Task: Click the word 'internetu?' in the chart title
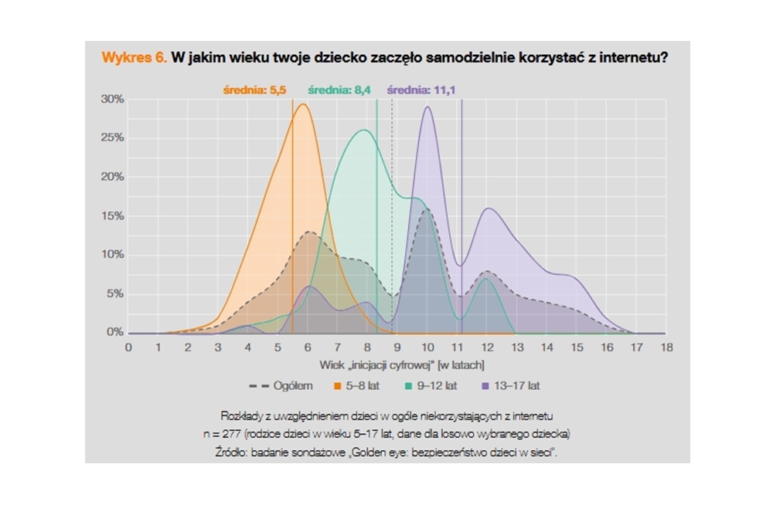[x=629, y=58]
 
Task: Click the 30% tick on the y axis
[x=112, y=100]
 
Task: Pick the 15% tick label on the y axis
[x=112, y=216]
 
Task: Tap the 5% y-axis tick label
[x=114, y=294]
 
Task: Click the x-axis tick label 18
[x=666, y=347]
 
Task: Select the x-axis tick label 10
[x=427, y=347]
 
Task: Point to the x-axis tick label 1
[x=158, y=347]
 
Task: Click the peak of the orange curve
[x=303, y=104]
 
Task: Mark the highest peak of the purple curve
[x=427, y=107]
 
